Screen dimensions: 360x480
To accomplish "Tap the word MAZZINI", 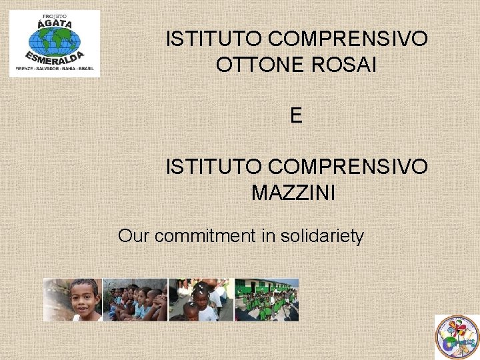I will click(x=293, y=193).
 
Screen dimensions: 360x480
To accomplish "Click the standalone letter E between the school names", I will click(x=297, y=116).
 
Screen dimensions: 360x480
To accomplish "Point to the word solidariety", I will click(x=322, y=235).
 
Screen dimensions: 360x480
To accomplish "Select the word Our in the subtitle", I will click(x=133, y=235).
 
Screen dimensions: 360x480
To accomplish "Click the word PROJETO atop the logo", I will click(x=55, y=15).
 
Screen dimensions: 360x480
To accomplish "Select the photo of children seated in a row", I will click(x=135, y=300).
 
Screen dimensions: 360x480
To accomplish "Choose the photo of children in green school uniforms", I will click(x=266, y=300).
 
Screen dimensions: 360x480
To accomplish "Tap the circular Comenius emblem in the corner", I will click(x=456, y=336).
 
